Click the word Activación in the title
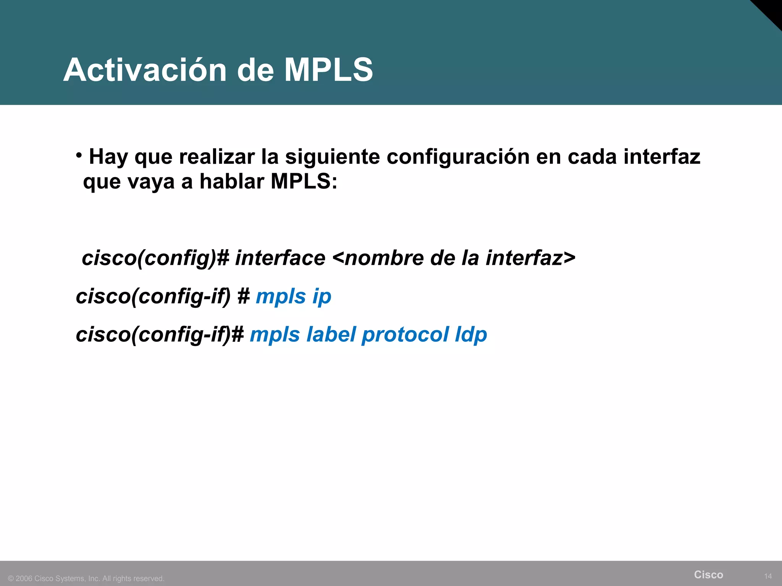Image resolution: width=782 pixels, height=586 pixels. coord(145,70)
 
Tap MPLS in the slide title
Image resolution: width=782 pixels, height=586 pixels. coord(328,70)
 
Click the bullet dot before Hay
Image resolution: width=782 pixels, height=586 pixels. coord(79,155)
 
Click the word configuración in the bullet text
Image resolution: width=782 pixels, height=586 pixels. coord(458,157)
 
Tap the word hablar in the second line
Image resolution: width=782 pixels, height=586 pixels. coord(232,182)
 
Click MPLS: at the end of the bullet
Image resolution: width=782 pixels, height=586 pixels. coord(304,182)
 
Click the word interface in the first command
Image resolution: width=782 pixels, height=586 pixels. coord(280,258)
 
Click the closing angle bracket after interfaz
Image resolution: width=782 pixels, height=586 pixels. coord(569,258)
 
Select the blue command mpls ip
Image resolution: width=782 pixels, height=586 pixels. coord(293,296)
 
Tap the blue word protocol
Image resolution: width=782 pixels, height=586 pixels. coord(405,335)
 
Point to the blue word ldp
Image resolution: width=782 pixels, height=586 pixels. coord(471,335)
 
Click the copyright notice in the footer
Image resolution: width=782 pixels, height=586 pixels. coord(86,578)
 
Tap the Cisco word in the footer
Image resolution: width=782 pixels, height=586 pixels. coord(708,575)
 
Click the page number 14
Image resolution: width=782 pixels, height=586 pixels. coord(768,576)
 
